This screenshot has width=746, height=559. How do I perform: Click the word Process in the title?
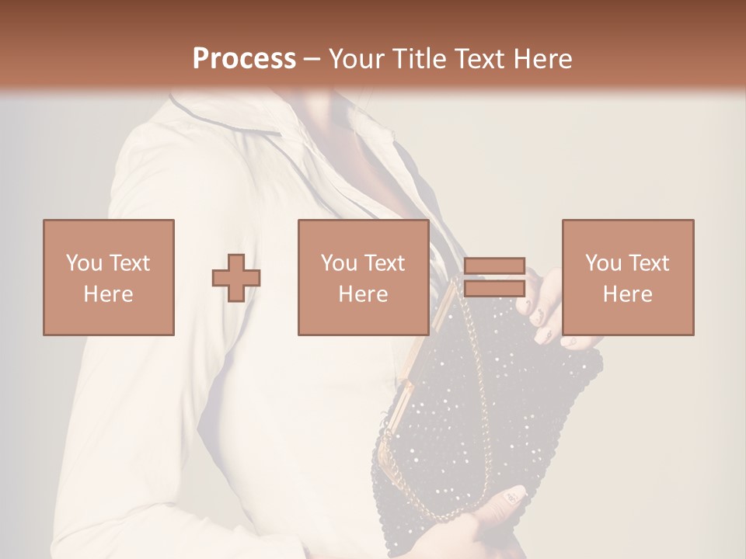tap(244, 59)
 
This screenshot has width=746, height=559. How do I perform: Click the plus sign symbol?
tap(236, 278)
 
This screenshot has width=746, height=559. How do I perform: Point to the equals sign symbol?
tap(494, 277)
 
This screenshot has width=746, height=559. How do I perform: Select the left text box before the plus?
tap(109, 277)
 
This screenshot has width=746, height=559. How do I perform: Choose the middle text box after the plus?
tap(364, 277)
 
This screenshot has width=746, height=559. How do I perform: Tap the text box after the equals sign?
tap(628, 277)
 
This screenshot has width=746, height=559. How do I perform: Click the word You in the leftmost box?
tap(82, 262)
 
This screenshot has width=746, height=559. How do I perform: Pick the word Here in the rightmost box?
tap(628, 293)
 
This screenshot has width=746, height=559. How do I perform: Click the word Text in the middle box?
tap(385, 262)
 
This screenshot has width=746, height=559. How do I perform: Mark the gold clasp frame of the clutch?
tap(424, 349)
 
